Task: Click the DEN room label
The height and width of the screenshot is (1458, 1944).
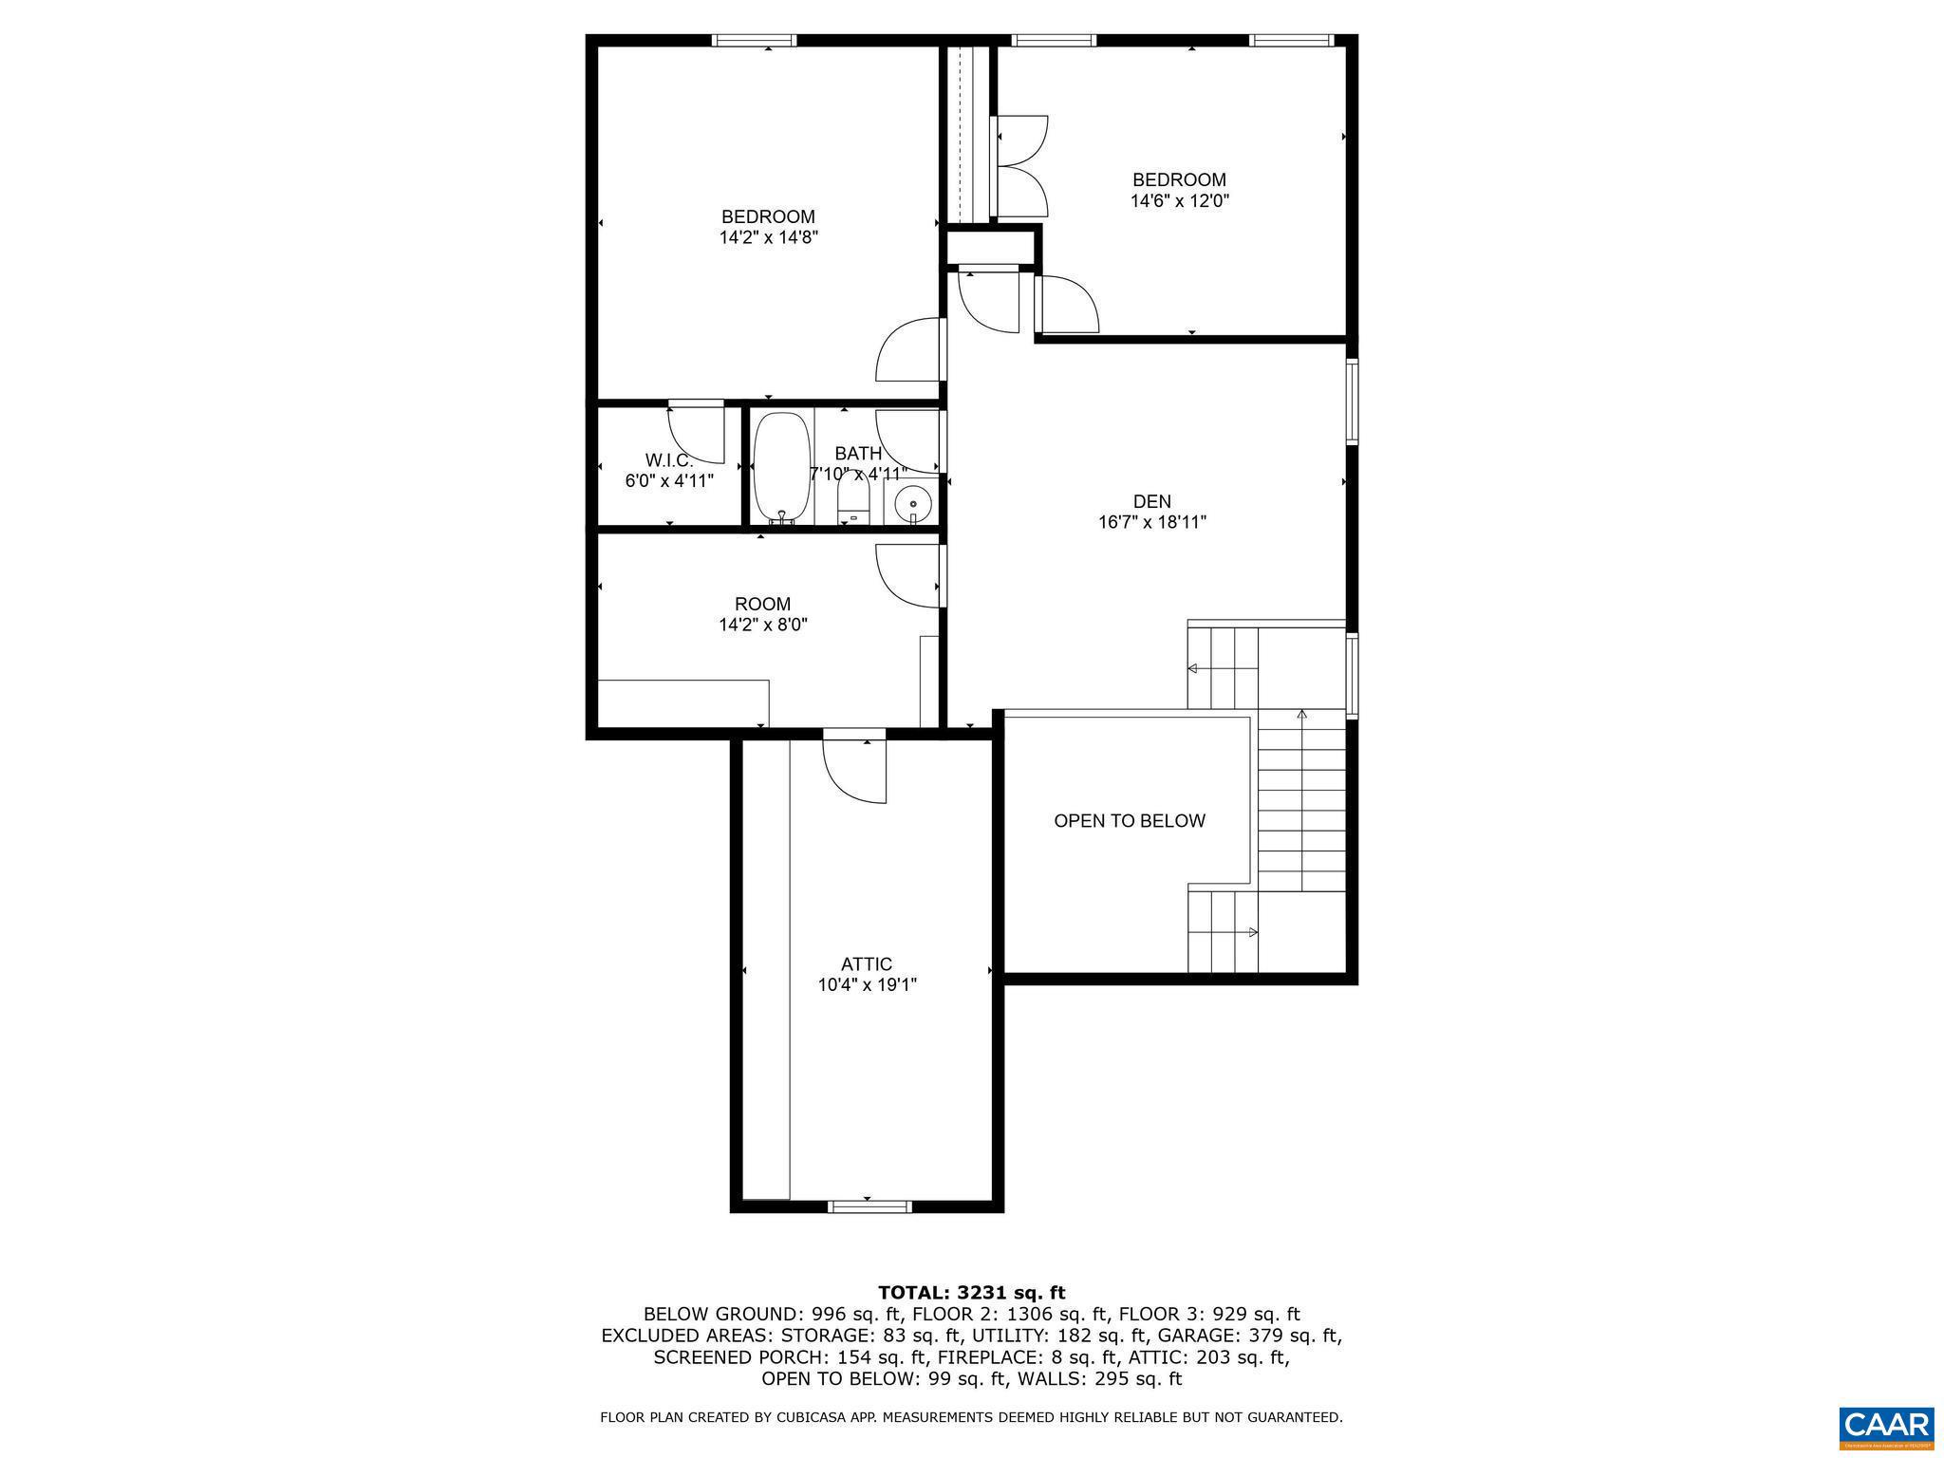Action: tap(1151, 501)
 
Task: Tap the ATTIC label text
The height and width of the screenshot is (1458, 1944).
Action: tap(866, 964)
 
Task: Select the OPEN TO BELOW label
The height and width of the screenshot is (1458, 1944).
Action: tap(1129, 821)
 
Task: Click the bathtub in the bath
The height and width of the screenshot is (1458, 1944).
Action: tap(781, 468)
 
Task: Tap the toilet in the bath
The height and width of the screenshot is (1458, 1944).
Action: tap(853, 501)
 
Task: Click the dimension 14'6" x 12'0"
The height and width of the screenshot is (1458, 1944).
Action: tap(1179, 201)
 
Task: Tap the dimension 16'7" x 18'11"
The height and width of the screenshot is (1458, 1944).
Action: tap(1151, 522)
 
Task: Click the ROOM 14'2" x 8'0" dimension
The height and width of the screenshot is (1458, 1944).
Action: tap(762, 625)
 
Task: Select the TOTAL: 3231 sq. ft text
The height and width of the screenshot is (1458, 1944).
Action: tap(971, 1293)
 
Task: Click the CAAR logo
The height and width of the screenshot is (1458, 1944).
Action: tap(1886, 1427)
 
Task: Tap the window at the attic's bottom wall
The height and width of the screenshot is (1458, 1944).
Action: tap(869, 1206)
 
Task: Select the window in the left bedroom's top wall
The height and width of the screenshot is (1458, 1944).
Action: tap(754, 40)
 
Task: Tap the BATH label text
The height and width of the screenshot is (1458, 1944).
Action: tap(858, 454)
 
